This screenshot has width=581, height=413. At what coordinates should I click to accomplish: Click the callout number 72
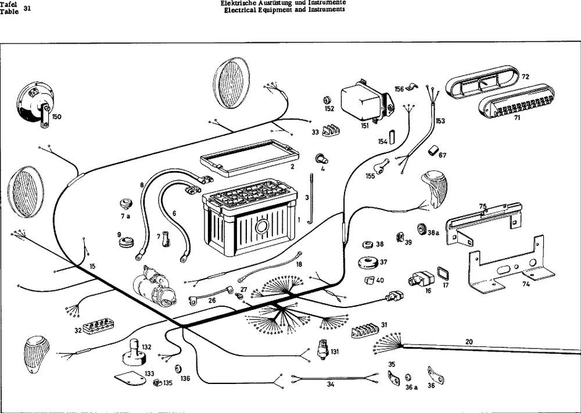(525, 77)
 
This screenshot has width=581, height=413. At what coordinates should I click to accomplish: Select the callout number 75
(482, 206)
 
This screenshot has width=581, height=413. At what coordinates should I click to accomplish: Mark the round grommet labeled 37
(369, 262)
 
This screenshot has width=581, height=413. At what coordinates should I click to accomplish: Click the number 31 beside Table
(26, 8)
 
